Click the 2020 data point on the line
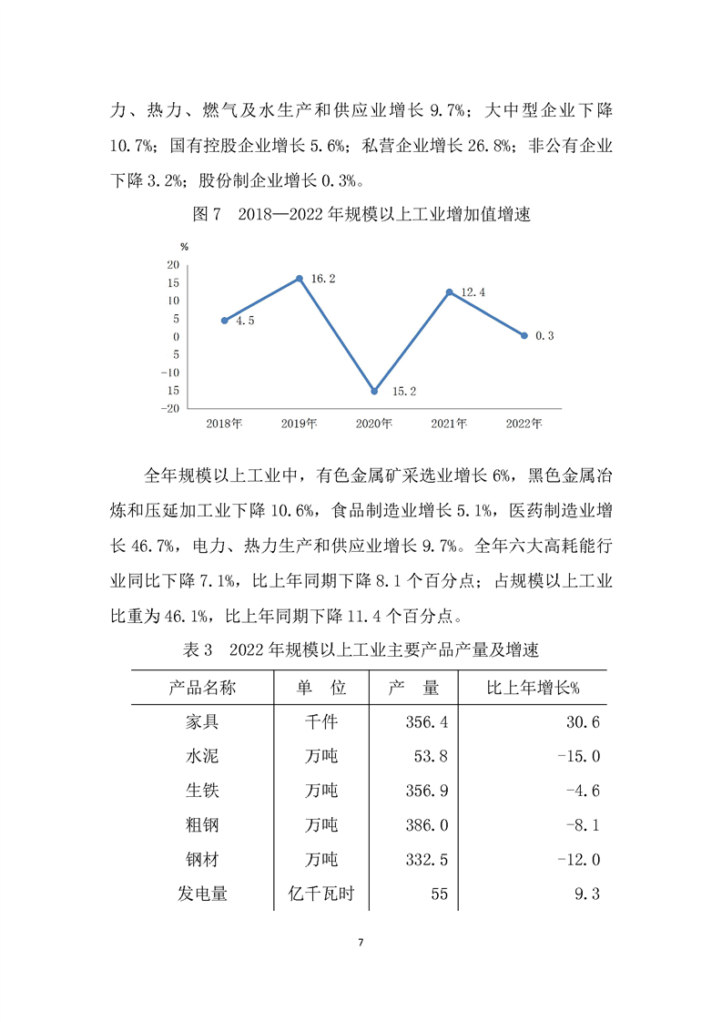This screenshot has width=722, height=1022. [x=374, y=391]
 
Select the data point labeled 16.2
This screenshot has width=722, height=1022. [x=300, y=278]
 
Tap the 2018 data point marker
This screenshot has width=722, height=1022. [x=224, y=321]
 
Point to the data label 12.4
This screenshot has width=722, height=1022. [x=475, y=291]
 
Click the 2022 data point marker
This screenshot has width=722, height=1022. [x=524, y=335]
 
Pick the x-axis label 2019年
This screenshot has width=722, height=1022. [x=300, y=424]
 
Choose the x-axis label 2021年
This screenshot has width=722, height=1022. [x=449, y=424]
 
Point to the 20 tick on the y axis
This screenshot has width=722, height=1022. [x=172, y=265]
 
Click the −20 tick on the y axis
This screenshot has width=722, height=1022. [x=169, y=408]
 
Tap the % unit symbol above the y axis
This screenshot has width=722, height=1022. [x=184, y=247]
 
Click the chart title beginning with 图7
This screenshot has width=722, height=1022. [x=361, y=216]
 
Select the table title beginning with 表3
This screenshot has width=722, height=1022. [x=361, y=650]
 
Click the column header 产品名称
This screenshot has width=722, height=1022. [x=202, y=688]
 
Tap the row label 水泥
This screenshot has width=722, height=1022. [x=202, y=756]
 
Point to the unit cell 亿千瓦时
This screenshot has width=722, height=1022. [x=320, y=894]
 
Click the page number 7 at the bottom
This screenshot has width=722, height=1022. [x=361, y=941]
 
